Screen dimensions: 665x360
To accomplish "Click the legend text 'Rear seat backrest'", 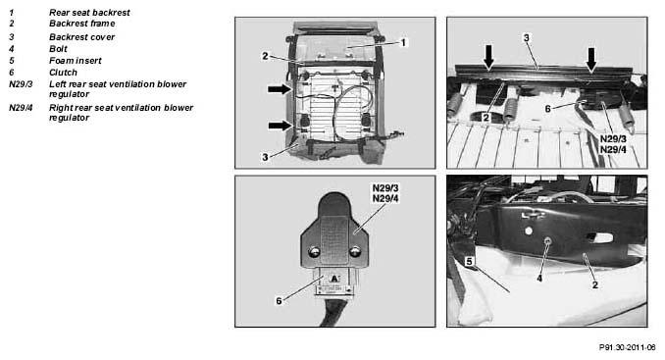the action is tap(89, 13).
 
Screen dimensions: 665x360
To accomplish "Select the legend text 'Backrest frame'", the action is tap(81, 24).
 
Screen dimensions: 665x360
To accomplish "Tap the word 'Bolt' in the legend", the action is tap(58, 49).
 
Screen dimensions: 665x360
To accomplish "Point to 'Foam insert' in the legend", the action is tap(76, 61).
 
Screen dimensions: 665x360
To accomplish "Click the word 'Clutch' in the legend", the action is tap(63, 73).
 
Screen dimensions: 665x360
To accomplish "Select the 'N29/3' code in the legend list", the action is tap(21, 84).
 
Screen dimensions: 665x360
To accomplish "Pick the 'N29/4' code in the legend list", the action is tap(21, 108).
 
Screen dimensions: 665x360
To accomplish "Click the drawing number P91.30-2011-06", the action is tap(628, 347).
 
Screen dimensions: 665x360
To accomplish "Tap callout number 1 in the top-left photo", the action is tap(403, 42).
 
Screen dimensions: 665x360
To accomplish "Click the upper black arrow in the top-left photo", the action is tap(280, 89).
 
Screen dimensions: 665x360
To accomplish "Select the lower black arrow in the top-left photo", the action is tap(281, 126).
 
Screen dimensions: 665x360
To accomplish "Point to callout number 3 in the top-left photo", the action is tap(265, 157).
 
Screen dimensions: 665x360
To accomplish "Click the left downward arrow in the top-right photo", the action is tap(489, 56).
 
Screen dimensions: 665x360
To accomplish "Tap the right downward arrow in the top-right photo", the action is tap(591, 59).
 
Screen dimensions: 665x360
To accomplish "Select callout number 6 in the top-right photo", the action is tap(547, 109).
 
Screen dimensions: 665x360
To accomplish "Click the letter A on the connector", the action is tap(334, 279).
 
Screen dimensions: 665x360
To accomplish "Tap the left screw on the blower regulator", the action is tap(314, 252).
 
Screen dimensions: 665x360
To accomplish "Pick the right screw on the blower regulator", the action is tap(354, 252).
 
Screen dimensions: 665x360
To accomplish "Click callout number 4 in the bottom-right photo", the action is tap(539, 279).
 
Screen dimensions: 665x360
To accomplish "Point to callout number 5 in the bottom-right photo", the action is tap(469, 262).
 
